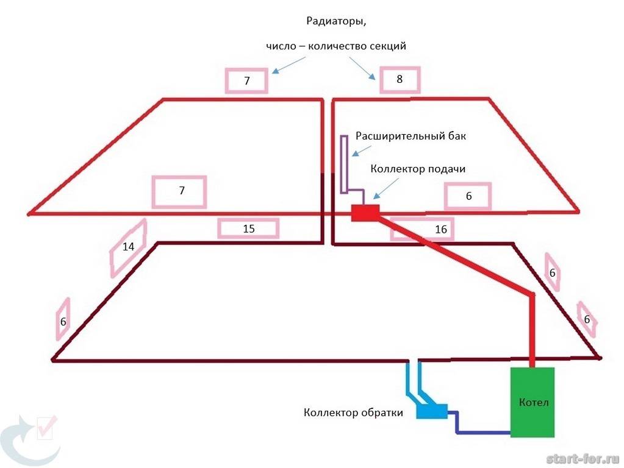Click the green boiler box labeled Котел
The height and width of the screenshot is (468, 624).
click(x=533, y=402)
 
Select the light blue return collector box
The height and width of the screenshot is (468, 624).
click(x=432, y=411)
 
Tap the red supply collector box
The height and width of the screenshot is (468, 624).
click(x=365, y=213)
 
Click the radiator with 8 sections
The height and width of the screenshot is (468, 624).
click(x=400, y=80)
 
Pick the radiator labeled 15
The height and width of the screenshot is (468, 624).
click(x=248, y=229)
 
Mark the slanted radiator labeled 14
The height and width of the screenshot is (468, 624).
click(x=128, y=247)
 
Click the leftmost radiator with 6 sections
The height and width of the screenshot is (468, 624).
click(x=62, y=320)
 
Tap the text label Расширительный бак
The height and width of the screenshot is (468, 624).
click(x=411, y=136)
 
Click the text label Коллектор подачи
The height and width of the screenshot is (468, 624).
click(x=418, y=169)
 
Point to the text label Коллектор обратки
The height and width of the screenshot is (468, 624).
click(x=353, y=413)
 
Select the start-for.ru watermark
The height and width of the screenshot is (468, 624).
click(x=583, y=458)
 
